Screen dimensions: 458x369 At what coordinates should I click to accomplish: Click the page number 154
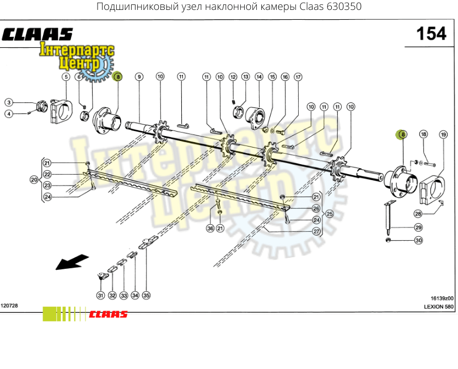click(431, 34)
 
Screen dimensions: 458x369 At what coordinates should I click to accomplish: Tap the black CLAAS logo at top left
click(37, 35)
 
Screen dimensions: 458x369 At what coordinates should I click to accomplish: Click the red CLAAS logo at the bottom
click(108, 314)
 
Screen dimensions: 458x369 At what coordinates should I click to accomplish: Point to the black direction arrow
click(72, 262)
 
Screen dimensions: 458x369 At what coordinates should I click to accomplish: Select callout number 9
click(139, 77)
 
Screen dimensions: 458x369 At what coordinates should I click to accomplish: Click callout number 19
click(444, 134)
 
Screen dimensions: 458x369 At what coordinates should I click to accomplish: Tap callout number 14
click(259, 77)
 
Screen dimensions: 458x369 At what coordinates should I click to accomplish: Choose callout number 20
click(34, 180)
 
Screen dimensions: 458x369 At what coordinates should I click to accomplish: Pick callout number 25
click(330, 214)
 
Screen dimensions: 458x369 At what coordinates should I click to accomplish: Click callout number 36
click(211, 229)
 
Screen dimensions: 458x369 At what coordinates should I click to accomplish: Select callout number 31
click(100, 295)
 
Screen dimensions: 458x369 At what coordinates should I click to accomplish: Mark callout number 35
click(146, 295)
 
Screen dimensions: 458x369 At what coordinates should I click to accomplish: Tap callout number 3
click(9, 102)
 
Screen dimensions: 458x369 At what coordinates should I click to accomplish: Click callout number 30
click(418, 240)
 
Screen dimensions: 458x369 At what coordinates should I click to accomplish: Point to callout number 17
click(298, 77)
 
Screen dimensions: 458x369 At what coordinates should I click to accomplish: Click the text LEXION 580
click(439, 307)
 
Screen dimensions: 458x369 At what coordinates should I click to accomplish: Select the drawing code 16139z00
click(442, 299)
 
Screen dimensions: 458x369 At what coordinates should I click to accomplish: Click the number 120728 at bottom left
click(9, 306)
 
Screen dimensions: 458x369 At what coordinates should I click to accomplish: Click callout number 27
click(316, 231)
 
